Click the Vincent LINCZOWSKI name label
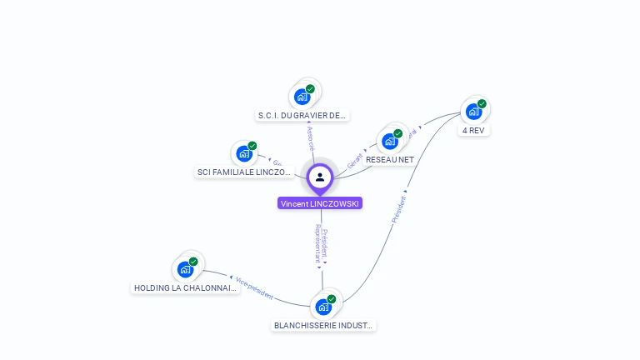320,203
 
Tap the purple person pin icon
320,177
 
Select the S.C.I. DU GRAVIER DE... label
302,116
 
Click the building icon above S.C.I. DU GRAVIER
302,97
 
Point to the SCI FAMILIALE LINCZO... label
244,172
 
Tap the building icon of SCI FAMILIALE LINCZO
244,153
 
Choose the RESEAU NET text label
390,159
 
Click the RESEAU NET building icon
390,141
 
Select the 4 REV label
474,130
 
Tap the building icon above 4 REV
473,111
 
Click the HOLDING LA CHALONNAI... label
186,288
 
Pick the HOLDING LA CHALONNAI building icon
185,269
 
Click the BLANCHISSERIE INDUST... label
324,326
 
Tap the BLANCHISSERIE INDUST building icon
323,307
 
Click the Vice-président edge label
253,287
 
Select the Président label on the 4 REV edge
400,208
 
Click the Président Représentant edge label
321,244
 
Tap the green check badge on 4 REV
482,104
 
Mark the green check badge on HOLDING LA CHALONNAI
193,262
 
